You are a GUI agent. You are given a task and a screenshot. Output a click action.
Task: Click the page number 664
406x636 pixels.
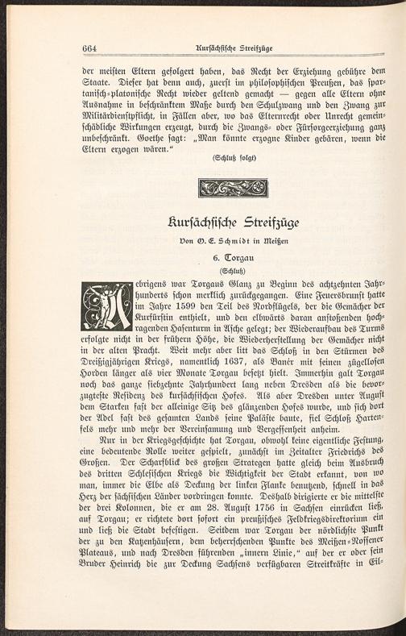[89, 48]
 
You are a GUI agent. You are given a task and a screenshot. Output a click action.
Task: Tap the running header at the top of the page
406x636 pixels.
[233, 48]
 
